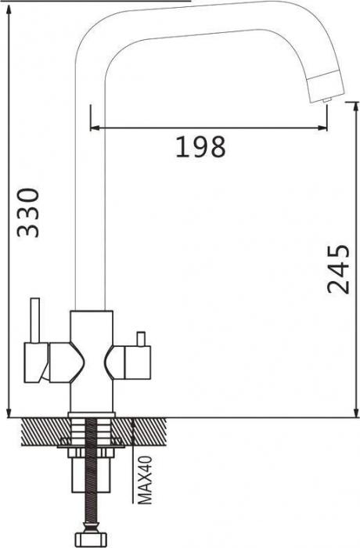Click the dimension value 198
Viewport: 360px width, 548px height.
200,146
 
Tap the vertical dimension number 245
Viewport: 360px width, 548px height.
337,269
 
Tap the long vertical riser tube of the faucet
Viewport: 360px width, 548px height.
88,196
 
